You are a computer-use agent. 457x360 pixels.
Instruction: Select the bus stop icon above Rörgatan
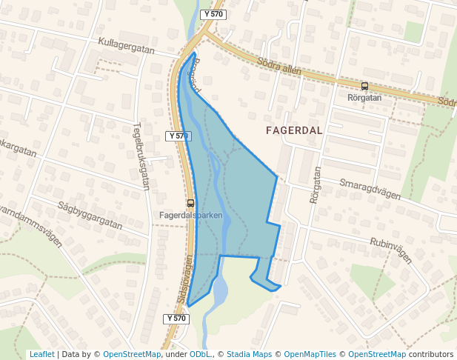point(364,86)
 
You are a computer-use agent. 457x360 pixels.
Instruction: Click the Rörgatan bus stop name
point(364,97)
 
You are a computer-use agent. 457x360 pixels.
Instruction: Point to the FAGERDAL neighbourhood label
point(294,130)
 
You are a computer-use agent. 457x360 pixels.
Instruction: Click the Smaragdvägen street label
point(370,189)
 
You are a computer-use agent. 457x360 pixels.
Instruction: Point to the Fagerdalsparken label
point(191,216)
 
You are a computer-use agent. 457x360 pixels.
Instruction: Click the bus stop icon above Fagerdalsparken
point(191,203)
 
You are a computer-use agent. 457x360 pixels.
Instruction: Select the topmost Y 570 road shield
point(213,14)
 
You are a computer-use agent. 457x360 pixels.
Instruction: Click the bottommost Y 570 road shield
point(176,319)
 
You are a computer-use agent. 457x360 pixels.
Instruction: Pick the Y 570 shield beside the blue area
point(178,136)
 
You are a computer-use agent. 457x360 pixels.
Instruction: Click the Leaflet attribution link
point(41,354)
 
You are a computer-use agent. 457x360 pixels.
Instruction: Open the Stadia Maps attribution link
point(249,354)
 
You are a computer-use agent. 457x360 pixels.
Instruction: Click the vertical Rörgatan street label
point(316,185)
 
